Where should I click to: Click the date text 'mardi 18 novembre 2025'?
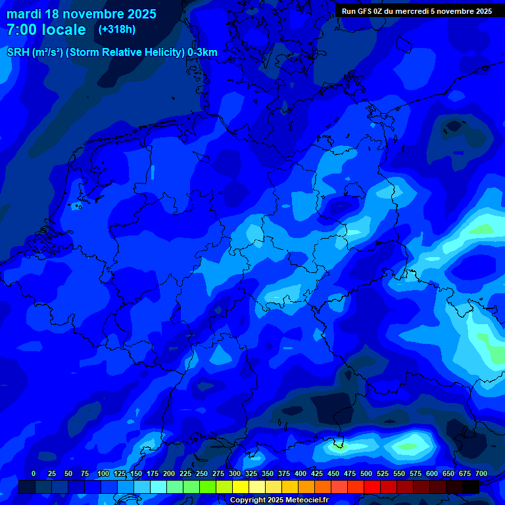pyautogui.click(x=82, y=14)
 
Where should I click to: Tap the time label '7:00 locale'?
pyautogui.click(x=46, y=30)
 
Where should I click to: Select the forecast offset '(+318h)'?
pyautogui.click(x=116, y=30)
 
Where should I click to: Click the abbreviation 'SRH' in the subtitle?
pyautogui.click(x=18, y=53)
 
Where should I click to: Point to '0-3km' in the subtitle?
pyautogui.click(x=203, y=53)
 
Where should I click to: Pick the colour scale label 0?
pyautogui.click(x=34, y=473)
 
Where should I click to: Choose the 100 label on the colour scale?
pyautogui.click(x=103, y=473)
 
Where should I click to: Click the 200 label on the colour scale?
pyautogui.click(x=169, y=473)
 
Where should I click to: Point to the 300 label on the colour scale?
pyautogui.click(x=235, y=473)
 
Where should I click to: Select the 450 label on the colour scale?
pyautogui.click(x=333, y=473)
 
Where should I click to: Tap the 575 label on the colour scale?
pyautogui.click(x=416, y=473)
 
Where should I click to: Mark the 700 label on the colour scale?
pyautogui.click(x=481, y=473)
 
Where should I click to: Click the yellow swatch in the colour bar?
pyautogui.click(x=241, y=487)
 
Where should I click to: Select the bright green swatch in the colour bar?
pyautogui.click(x=208, y=487)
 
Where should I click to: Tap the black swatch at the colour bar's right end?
pyautogui.click(x=471, y=487)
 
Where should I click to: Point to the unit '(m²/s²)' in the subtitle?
pyautogui.click(x=47, y=53)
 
